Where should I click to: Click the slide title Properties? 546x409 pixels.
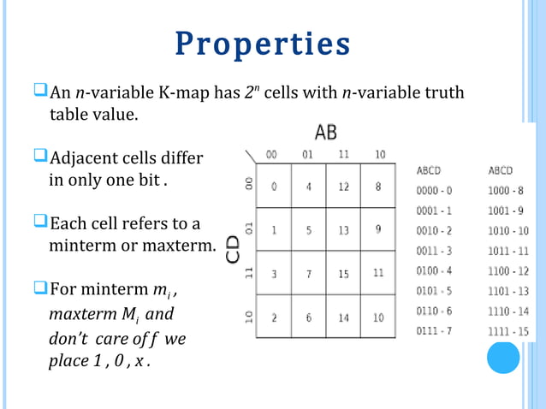[263, 44]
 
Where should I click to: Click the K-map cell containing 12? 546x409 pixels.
[343, 187]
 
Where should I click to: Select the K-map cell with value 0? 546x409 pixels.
[274, 187]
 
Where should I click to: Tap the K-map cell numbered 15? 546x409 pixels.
[343, 274]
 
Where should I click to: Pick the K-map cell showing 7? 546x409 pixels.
[308, 274]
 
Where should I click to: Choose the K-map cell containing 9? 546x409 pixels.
[378, 229]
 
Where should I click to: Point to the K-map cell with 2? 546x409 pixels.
[274, 317]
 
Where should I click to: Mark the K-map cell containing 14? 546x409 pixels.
[343, 317]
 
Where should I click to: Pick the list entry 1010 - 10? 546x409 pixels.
[508, 230]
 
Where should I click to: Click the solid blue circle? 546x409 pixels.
[503, 357]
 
